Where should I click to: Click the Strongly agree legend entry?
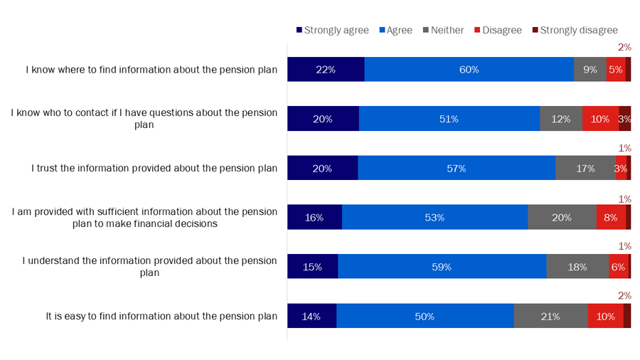[x=332, y=30]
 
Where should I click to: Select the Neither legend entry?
[x=443, y=30]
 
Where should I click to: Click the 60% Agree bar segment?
[x=469, y=70]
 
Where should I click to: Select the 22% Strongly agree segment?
[x=326, y=70]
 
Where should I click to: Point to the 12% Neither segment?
[x=561, y=119]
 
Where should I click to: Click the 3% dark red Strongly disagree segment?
[x=625, y=119]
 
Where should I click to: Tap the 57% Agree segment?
[x=457, y=169]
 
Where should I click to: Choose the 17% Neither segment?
[x=585, y=169]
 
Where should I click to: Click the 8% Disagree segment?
[x=611, y=218]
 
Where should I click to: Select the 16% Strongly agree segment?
[x=314, y=218]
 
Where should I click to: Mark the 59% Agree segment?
[x=442, y=267]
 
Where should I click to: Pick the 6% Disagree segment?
[x=618, y=267]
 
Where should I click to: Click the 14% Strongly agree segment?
[x=311, y=316]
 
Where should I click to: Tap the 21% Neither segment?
[x=551, y=316]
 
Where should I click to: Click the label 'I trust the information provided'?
[x=154, y=169]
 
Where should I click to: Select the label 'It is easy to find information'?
[x=161, y=316]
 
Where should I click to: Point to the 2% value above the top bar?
[x=624, y=47]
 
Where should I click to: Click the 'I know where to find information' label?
[x=151, y=70]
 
